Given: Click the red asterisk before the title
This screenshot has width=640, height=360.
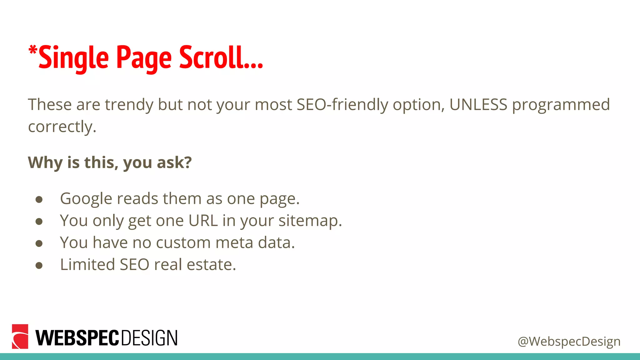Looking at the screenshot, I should [33, 50].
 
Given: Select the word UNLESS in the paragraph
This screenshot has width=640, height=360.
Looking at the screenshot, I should [478, 104].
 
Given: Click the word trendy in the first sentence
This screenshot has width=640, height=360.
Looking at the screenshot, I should [129, 105].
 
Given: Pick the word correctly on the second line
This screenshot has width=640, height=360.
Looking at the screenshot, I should [62, 127].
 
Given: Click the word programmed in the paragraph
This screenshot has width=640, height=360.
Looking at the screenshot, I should [561, 105].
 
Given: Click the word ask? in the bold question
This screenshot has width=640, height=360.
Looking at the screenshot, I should [174, 162].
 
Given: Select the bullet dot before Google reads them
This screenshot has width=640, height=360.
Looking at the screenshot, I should [39, 200].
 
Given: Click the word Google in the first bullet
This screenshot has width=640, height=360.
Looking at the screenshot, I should [86, 199].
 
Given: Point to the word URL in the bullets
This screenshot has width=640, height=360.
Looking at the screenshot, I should [203, 221].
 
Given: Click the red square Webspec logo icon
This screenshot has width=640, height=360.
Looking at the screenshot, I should [20, 337].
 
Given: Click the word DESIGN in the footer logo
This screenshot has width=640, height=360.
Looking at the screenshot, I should [149, 338].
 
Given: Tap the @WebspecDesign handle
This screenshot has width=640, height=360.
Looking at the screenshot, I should [569, 341].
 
